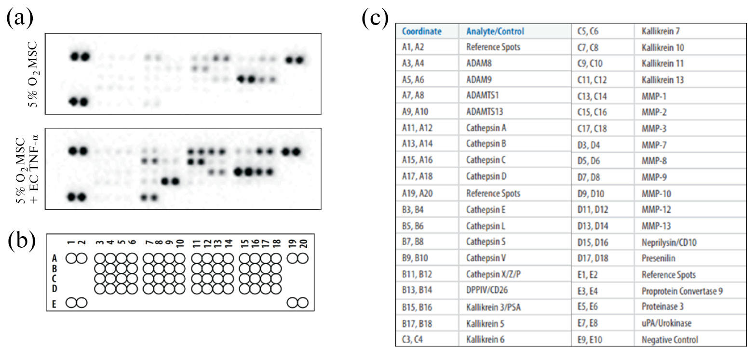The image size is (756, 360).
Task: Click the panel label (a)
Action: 20,17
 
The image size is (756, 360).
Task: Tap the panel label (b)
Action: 22,241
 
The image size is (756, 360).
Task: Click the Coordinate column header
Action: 421,31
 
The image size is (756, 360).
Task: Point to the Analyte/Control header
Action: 495,31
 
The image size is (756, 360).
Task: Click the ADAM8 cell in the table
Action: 479,64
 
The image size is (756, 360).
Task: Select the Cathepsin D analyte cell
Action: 486,176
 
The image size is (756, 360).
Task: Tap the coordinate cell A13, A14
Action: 417,144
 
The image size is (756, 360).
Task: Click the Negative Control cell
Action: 670,340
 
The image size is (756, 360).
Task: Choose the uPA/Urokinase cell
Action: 666,323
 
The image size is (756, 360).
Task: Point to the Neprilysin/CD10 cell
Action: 669,242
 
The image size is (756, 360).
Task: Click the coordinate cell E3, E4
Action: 587,291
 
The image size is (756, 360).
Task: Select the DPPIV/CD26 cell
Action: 486,290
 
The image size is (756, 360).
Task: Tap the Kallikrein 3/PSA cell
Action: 493,307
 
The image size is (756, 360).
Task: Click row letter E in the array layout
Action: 54,304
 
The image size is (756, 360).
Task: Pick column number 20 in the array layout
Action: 304,243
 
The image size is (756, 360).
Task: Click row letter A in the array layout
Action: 54,259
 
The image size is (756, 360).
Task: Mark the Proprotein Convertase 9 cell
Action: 682,291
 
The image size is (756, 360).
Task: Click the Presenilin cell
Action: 658,258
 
